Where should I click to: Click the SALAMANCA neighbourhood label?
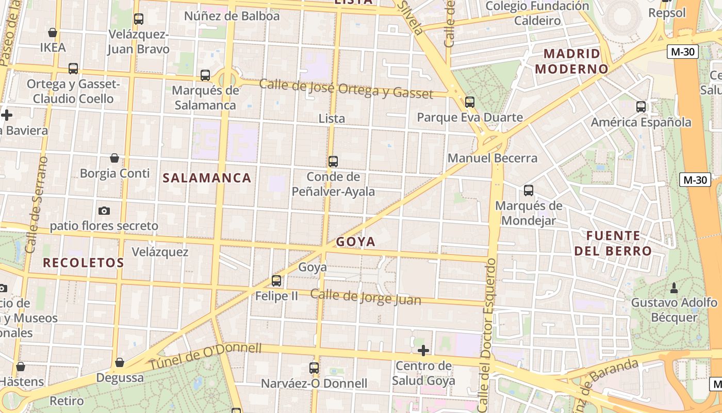click(207, 178)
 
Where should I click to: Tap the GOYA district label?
click(356, 242)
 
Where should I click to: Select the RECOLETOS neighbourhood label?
click(83, 262)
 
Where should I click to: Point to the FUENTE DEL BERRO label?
click(619, 244)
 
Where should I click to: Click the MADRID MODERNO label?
click(572, 61)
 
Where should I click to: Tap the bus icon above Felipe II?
click(276, 281)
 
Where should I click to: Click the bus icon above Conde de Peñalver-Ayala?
click(333, 162)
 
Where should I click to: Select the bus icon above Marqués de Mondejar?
click(529, 190)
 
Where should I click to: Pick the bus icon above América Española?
click(641, 107)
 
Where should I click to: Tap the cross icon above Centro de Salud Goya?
click(423, 351)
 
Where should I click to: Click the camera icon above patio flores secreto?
click(104, 211)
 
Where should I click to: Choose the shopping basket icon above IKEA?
click(53, 33)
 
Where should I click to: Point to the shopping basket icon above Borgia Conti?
click(114, 158)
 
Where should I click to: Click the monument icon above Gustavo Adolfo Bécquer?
click(674, 287)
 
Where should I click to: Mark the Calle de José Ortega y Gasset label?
click(346, 88)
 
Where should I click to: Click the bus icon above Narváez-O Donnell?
click(314, 368)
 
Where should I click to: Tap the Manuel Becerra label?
click(493, 158)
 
